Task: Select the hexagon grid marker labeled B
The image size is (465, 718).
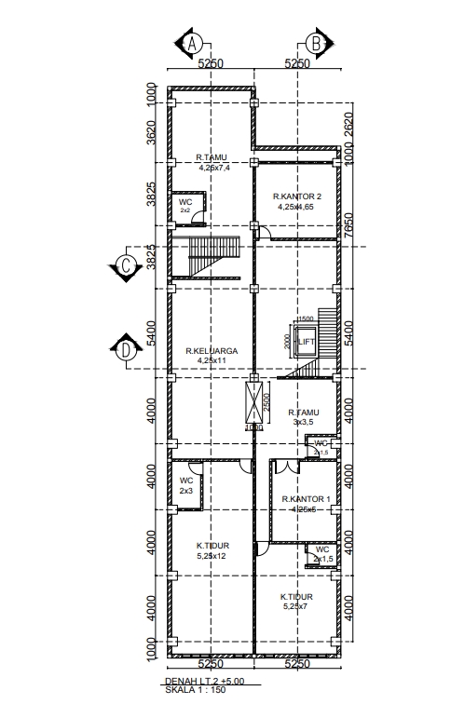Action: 315,44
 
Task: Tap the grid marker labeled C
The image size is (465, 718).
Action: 126,265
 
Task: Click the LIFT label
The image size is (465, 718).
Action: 306,343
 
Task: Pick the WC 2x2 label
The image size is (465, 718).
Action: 185,206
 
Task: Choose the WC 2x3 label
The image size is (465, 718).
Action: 186,485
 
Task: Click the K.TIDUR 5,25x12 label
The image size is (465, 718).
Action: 212,550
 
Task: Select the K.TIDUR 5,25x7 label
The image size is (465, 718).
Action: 297,601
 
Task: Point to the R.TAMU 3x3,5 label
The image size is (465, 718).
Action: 304,416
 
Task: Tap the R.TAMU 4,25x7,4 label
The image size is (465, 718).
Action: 213,163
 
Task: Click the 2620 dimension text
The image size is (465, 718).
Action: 349,124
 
